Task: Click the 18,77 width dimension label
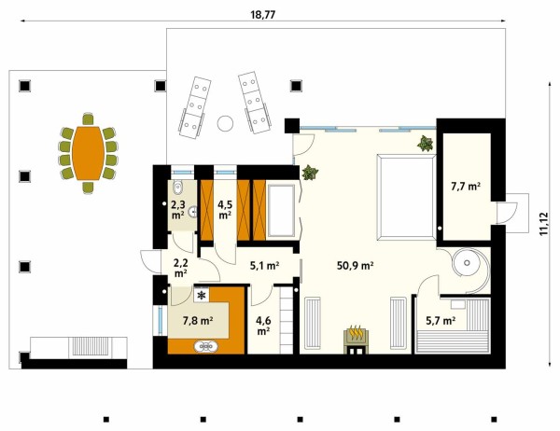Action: click(x=263, y=15)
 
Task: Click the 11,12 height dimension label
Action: click(x=543, y=224)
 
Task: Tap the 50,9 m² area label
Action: click(x=356, y=265)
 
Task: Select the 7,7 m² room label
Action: click(x=466, y=186)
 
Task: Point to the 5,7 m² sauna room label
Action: click(x=441, y=321)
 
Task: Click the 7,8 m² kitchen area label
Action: click(x=198, y=321)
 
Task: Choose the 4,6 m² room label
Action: click(x=263, y=326)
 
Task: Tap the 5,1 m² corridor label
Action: click(x=264, y=265)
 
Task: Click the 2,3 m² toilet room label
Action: click(x=178, y=210)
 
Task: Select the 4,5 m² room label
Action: click(x=225, y=210)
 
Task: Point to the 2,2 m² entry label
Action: click(x=181, y=268)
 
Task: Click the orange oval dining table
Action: click(x=89, y=153)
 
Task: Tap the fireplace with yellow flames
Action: click(x=357, y=340)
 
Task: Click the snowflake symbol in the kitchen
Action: click(x=202, y=296)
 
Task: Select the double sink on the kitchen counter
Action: click(x=205, y=346)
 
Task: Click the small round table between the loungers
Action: click(x=225, y=123)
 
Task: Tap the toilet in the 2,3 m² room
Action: click(x=177, y=186)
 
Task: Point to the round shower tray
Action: click(x=467, y=263)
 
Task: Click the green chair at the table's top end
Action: click(x=88, y=118)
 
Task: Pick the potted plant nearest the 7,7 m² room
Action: click(x=425, y=143)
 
